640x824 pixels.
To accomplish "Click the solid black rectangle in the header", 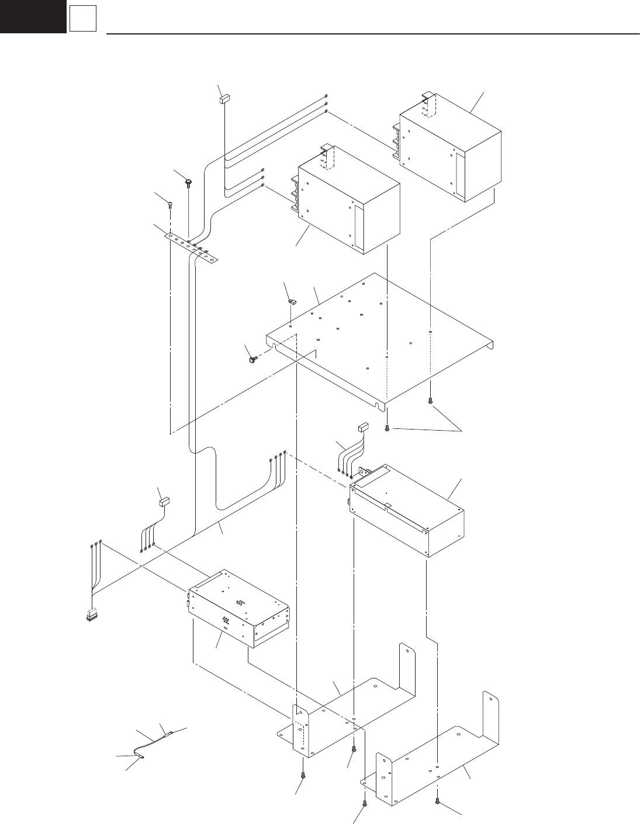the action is [x=33, y=16].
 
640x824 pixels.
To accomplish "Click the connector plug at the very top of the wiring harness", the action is [x=224, y=100].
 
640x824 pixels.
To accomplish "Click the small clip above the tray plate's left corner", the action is [x=291, y=302].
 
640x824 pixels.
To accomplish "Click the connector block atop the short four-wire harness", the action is [x=363, y=427].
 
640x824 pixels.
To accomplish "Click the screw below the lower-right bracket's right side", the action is [x=438, y=803].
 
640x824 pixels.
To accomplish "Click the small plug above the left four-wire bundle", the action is [x=164, y=500].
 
